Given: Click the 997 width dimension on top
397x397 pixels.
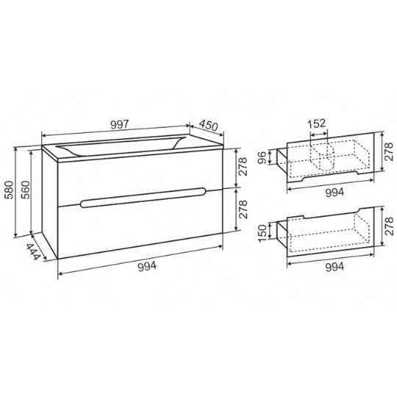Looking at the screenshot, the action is click(x=120, y=124).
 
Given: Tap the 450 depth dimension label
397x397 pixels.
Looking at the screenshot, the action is click(x=208, y=125).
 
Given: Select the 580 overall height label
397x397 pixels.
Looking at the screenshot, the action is click(x=10, y=190).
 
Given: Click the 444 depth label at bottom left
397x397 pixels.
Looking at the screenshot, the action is click(x=33, y=251).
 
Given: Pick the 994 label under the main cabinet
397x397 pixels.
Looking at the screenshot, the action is click(x=147, y=266).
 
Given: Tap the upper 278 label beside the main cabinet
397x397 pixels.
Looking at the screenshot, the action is click(x=243, y=167).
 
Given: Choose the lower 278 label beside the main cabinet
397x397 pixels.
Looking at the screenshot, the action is click(x=243, y=210).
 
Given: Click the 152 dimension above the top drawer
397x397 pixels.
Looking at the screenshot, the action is click(x=316, y=124).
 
